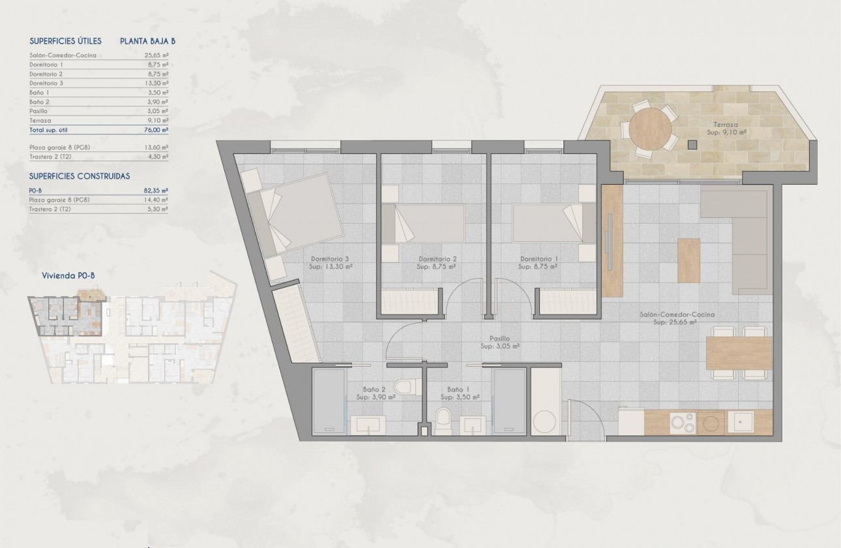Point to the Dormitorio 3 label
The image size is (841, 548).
[331, 258]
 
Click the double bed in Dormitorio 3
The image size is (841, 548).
[300, 215]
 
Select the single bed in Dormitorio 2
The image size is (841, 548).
[422, 224]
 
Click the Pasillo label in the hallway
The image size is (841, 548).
[500, 339]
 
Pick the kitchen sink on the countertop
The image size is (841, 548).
[741, 422]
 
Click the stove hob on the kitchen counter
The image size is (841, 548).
[683, 423]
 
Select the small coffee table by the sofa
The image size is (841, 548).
[688, 260]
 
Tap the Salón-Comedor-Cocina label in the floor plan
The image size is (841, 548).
[677, 314]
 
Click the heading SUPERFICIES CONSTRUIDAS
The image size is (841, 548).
[80, 176]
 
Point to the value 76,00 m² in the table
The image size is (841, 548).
[156, 130]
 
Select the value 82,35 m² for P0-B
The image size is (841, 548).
[156, 190]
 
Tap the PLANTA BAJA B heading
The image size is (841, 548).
[147, 40]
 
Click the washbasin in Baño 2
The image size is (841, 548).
[368, 426]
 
